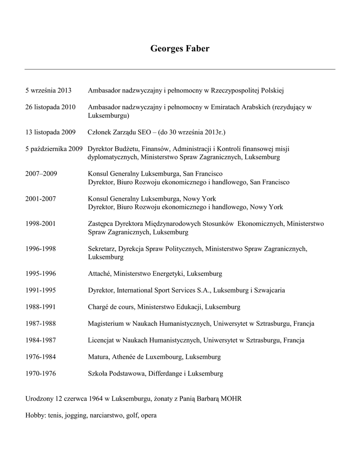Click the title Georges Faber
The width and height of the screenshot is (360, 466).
180,49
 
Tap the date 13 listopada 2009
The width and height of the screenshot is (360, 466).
50,132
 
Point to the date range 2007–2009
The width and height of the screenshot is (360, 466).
41,173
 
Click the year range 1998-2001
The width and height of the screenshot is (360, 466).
41,223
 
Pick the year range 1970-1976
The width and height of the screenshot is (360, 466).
41,374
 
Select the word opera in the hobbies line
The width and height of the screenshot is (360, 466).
149,415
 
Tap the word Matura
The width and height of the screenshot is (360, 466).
98,357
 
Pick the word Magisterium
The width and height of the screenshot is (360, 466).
106,324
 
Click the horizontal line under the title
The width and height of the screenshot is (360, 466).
180,69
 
